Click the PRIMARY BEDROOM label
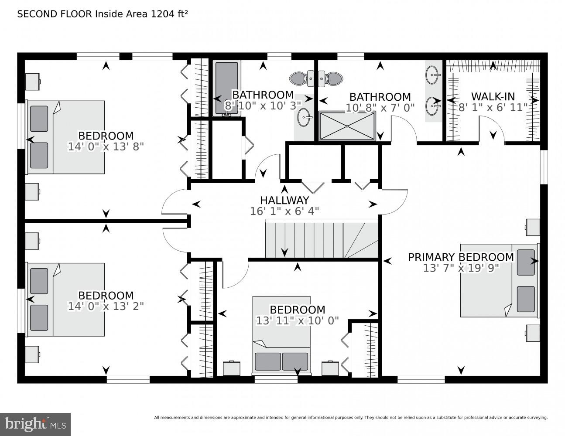pyautogui.click(x=461, y=257)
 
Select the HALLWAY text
pyautogui.click(x=284, y=200)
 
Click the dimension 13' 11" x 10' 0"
pyautogui.click(x=297, y=320)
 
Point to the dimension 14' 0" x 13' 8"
pyautogui.click(x=106, y=146)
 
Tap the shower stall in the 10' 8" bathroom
pyautogui.click(x=347, y=126)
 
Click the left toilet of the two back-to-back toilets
pyautogui.click(x=298, y=78)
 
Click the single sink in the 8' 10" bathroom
pyautogui.click(x=304, y=117)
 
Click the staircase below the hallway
pyautogui.click(x=322, y=240)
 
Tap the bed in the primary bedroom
pyautogui.click(x=499, y=280)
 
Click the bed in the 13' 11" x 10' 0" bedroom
pyautogui.click(x=281, y=336)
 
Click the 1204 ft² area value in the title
pyautogui.click(x=169, y=14)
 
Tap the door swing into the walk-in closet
pyautogui.click(x=492, y=131)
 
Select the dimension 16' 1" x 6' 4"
pyautogui.click(x=284, y=211)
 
